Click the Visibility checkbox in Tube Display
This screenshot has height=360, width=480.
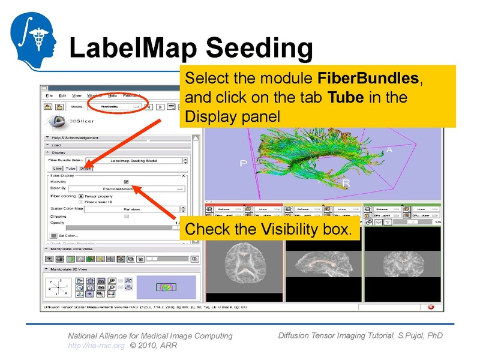126,182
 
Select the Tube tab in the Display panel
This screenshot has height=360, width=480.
71,169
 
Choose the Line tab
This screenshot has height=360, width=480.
58,169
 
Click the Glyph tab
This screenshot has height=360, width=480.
85,169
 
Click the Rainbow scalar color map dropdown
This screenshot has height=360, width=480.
131,209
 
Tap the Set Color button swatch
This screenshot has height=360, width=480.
53,235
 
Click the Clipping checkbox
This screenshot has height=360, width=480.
126,216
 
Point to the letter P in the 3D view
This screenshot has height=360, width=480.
244,163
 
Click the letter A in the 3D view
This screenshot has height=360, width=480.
389,150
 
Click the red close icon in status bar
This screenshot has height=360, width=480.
431,307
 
